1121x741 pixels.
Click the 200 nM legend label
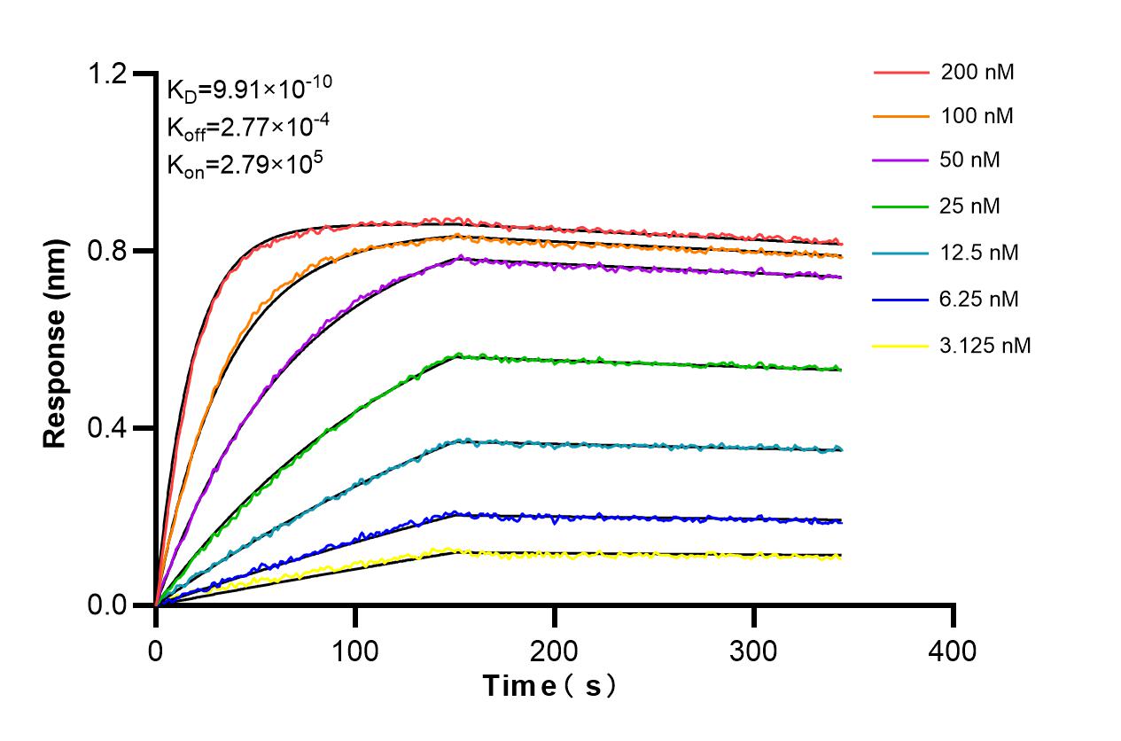point(977,73)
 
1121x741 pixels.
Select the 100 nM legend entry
point(977,116)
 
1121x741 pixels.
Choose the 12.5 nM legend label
point(979,253)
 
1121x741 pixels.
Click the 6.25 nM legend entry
point(979,300)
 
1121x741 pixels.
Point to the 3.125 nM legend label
point(985,346)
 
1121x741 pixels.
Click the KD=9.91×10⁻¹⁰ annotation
point(249,89)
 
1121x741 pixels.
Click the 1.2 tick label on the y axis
point(107,74)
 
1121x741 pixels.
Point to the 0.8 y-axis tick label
point(107,251)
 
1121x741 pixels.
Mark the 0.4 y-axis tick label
point(107,428)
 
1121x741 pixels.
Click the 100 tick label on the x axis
point(354,651)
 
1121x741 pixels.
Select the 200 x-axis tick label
point(554,651)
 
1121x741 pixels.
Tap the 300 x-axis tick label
point(753,651)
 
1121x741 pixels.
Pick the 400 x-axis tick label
point(953,651)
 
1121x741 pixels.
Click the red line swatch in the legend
point(901,73)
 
